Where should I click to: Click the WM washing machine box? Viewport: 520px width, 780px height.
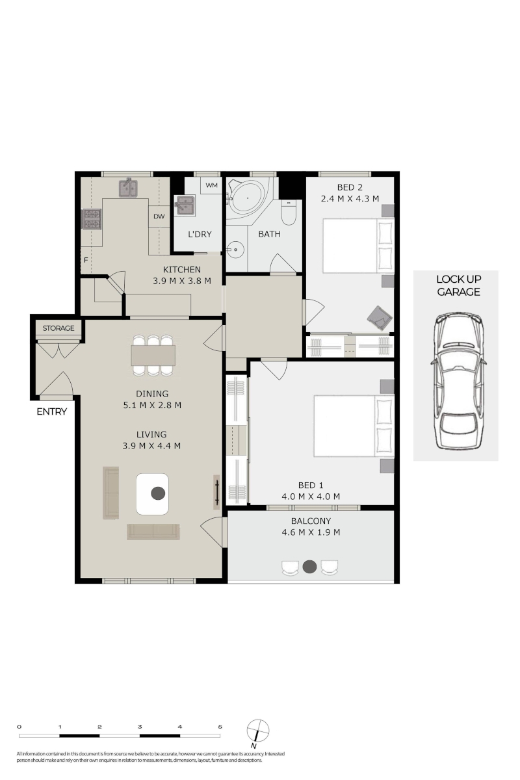(x=211, y=185)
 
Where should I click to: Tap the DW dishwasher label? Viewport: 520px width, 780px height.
(x=159, y=216)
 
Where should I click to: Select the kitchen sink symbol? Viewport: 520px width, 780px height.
(x=128, y=188)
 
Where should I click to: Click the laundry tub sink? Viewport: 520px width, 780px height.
(x=185, y=205)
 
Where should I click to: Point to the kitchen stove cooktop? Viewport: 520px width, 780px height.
(x=91, y=219)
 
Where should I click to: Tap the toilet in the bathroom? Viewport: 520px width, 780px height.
(x=289, y=212)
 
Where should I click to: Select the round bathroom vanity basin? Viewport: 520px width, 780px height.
(x=236, y=250)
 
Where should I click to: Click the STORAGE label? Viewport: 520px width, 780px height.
(x=58, y=328)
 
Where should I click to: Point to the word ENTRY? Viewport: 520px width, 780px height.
(x=51, y=411)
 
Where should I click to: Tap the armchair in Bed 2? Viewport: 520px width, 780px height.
(x=380, y=317)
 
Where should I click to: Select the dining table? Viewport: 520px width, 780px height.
(x=153, y=355)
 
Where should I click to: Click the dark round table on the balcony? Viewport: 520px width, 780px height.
(x=309, y=567)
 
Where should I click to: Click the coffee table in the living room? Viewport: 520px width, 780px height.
(x=152, y=494)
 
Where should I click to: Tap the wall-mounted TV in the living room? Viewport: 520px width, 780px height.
(x=216, y=493)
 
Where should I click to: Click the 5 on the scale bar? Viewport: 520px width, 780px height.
(x=220, y=727)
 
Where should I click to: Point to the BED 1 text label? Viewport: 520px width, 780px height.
(x=311, y=485)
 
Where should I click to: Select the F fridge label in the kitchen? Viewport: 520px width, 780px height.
(x=86, y=260)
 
